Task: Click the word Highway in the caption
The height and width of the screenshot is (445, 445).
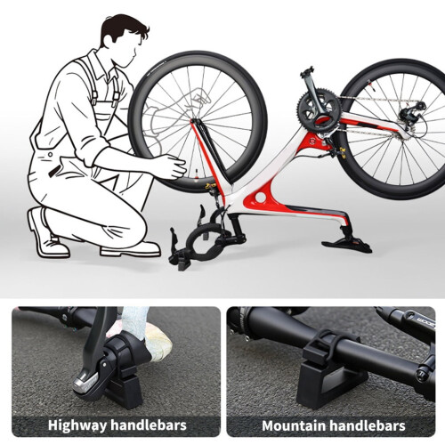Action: coord(77,425)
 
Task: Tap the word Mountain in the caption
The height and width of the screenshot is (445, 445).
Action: coord(294,426)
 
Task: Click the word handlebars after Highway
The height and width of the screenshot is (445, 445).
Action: coord(149,425)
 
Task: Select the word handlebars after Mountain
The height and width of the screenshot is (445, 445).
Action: coord(368,426)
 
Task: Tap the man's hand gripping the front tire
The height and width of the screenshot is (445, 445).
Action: coord(172,166)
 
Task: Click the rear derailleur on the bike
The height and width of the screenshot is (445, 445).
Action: coord(413,114)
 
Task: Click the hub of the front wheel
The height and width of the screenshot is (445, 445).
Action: coord(194,121)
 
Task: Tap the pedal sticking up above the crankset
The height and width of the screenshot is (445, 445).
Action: coord(307,72)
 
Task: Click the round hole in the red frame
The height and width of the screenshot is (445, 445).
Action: coord(261,198)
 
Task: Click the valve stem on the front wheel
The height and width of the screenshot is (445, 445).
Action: coord(196,175)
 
